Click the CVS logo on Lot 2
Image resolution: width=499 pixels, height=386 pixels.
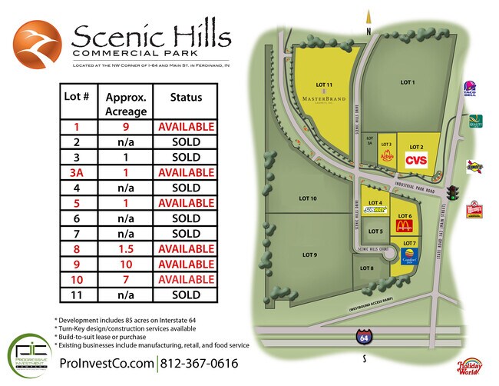tap(415, 159)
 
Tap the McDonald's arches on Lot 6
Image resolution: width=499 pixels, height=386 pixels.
tap(405, 227)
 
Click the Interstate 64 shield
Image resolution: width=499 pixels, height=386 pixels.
tap(362, 337)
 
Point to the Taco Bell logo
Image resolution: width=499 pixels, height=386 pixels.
tap(470, 90)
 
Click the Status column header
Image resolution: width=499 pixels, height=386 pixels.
tap(186, 98)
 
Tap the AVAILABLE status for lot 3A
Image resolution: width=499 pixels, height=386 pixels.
tap(186, 172)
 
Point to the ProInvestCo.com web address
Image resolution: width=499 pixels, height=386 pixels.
tap(107, 363)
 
